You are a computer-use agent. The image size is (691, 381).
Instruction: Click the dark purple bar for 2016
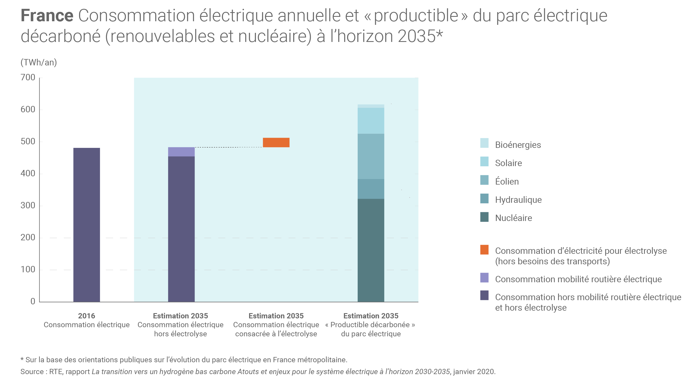click(87, 225)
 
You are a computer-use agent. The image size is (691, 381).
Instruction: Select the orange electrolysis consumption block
click(276, 142)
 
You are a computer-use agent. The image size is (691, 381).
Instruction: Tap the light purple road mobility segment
click(181, 152)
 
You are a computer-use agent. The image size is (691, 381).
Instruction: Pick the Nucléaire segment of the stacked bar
click(371, 250)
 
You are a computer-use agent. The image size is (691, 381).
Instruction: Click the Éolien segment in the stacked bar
click(371, 156)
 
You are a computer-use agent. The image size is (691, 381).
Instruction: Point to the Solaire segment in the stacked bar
click(371, 121)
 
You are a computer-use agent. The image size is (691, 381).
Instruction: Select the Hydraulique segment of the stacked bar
click(371, 189)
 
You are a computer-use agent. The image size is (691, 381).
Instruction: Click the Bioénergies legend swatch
click(484, 143)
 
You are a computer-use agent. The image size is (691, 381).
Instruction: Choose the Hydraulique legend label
click(518, 200)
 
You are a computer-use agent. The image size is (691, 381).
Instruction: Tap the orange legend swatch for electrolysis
click(484, 250)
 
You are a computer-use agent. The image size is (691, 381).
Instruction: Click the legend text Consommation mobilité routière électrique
click(578, 279)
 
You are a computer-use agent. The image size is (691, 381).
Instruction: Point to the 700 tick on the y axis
click(28, 78)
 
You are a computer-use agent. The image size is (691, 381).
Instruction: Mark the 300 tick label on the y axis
click(28, 206)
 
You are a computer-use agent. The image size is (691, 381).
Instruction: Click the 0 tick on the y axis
click(33, 301)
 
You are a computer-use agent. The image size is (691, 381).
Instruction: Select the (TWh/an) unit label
click(39, 63)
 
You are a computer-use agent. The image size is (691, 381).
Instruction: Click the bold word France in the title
click(47, 15)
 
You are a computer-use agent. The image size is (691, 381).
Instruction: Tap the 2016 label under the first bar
click(87, 316)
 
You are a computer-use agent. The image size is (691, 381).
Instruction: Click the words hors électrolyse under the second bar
click(180, 334)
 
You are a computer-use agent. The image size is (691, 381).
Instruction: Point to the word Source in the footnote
click(32, 372)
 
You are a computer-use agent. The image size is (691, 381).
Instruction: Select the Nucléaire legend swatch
click(484, 217)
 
